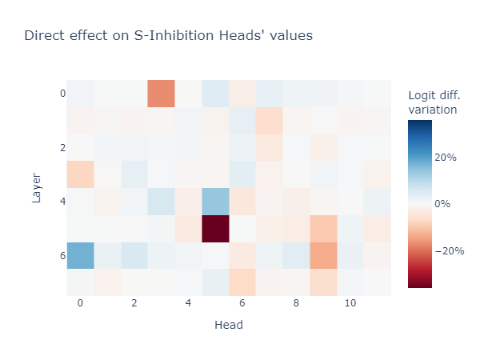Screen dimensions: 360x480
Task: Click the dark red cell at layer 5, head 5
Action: pyautogui.click(x=215, y=228)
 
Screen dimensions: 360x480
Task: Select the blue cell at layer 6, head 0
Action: pyautogui.click(x=80, y=255)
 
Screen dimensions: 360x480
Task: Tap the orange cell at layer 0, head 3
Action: pyautogui.click(x=161, y=94)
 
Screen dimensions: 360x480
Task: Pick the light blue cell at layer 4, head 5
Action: pyautogui.click(x=215, y=202)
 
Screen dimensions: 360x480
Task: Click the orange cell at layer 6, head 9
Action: pyautogui.click(x=323, y=255)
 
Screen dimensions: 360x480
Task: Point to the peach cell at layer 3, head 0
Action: pyautogui.click(x=80, y=174)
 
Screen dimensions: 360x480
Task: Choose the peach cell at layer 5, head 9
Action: pyautogui.click(x=323, y=228)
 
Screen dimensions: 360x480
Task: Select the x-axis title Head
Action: pyautogui.click(x=229, y=325)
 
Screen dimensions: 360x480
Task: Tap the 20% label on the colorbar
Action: pyautogui.click(x=446, y=158)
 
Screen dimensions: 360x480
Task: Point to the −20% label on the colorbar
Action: pyautogui.click(x=449, y=250)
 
